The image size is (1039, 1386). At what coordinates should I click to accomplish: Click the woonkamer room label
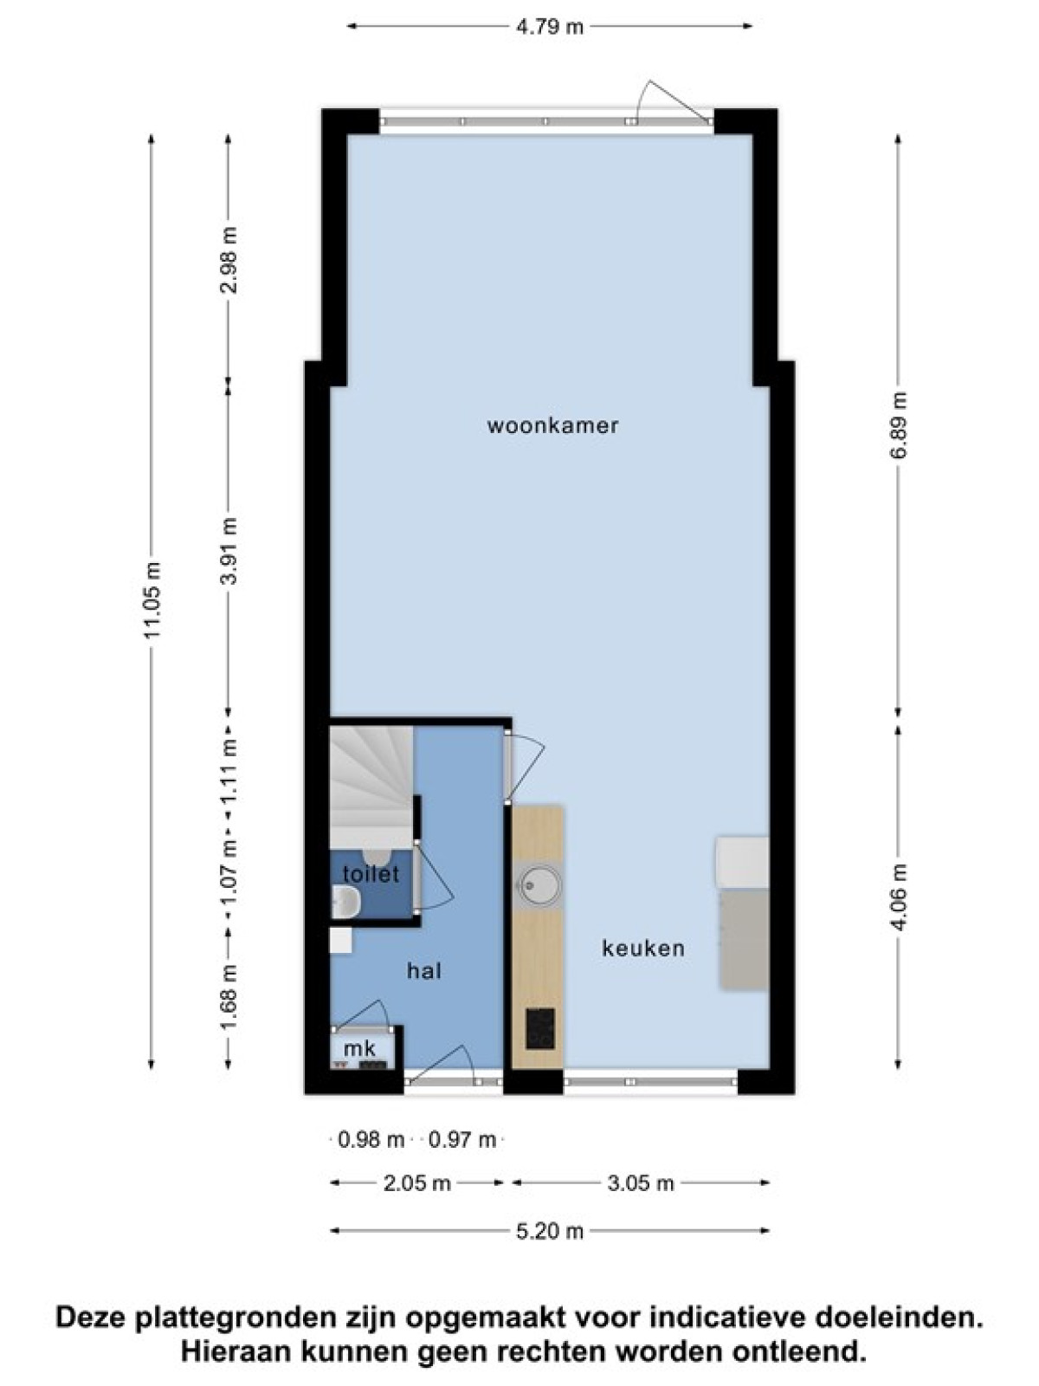[552, 425]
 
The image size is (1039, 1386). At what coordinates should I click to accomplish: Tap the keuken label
[642, 948]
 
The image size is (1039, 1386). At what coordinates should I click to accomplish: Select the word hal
[424, 970]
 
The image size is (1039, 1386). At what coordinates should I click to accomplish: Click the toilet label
[371, 874]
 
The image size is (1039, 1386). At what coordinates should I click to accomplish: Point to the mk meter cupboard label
[359, 1049]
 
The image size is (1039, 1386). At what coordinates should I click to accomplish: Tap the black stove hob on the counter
[540, 1028]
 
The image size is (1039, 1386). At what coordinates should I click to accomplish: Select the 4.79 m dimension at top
[550, 27]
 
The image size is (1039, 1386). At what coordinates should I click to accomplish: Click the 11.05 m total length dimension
[152, 599]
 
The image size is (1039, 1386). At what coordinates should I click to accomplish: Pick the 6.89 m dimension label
[900, 425]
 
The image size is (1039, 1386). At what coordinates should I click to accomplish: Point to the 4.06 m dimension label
[900, 897]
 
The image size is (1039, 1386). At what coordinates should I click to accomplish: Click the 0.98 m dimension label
[371, 1140]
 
